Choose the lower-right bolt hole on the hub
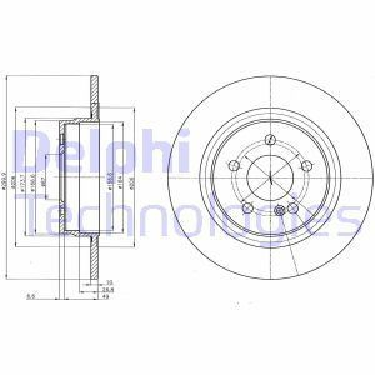point(292,209)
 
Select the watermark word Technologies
point(187,216)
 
